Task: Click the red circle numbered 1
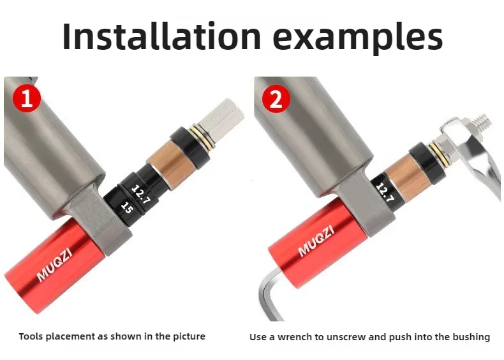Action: pyautogui.click(x=27, y=98)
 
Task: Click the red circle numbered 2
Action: pyautogui.click(x=276, y=98)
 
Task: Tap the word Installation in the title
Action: pyautogui.click(x=161, y=36)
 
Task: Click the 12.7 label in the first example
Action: pyautogui.click(x=141, y=195)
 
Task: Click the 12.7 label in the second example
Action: pyautogui.click(x=385, y=192)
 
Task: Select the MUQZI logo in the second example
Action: pyautogui.click(x=316, y=241)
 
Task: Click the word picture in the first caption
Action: pyautogui.click(x=189, y=337)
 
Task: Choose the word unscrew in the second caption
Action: pyautogui.click(x=346, y=338)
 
